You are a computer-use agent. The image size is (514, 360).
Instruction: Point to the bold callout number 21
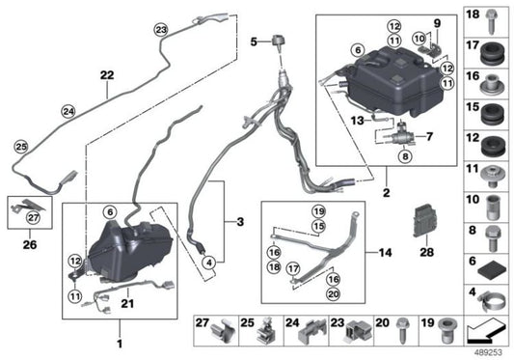pos(126,304)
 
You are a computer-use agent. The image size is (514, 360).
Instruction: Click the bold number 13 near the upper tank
pos(330,121)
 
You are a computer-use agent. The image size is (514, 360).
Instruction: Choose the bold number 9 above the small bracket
pos(437,23)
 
